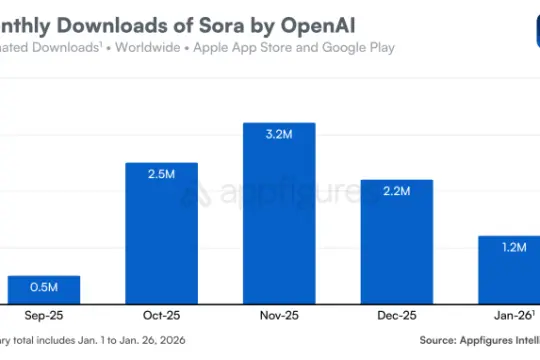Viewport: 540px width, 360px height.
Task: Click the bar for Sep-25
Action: click(44, 290)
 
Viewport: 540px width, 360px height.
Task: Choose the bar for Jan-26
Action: click(513, 269)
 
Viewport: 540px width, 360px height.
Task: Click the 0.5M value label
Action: click(44, 288)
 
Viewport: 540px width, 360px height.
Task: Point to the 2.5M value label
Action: click(161, 175)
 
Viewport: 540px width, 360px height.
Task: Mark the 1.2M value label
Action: click(513, 248)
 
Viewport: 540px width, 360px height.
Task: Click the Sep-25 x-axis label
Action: click(44, 316)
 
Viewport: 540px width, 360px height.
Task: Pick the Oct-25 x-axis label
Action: click(161, 316)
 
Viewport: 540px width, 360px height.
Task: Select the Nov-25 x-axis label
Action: click(279, 316)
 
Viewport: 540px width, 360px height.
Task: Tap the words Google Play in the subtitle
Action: click(358, 47)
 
